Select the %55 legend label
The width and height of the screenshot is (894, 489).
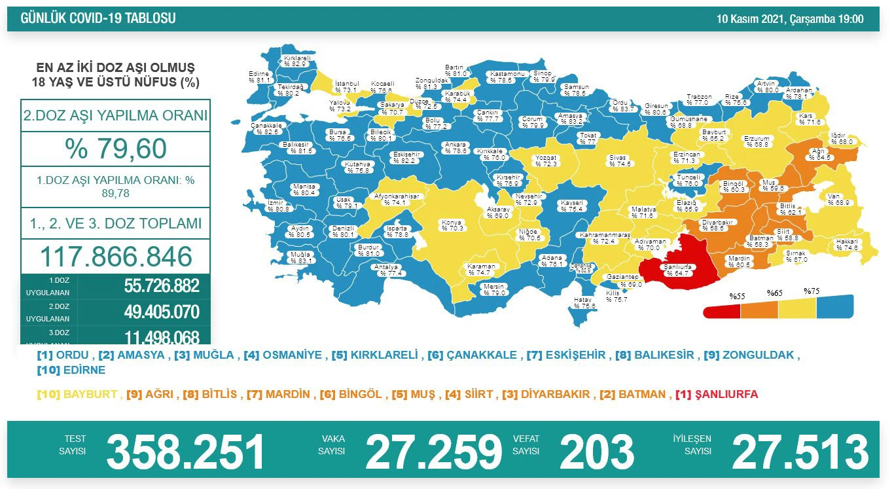pos(738,295)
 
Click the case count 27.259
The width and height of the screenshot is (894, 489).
pos(433,452)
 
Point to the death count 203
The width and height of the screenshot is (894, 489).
pos(596,452)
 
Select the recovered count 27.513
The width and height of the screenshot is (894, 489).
pos(800,452)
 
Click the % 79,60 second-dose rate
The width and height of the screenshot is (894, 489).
pos(116,149)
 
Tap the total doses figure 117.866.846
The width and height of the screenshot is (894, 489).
pos(116,256)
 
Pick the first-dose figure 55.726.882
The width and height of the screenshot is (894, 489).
pos(162,286)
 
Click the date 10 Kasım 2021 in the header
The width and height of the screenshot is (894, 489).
pos(753,19)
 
